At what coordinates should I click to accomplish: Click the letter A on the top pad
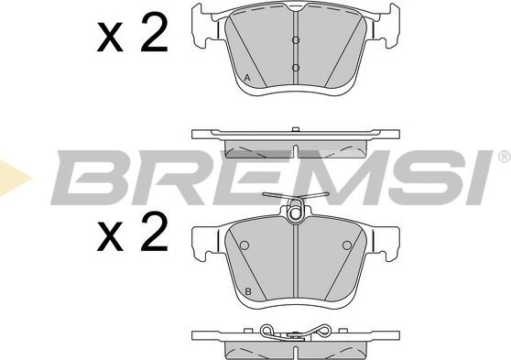coord(247,78)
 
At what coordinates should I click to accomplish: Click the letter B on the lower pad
coord(248,291)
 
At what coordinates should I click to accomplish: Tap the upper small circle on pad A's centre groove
coord(296,40)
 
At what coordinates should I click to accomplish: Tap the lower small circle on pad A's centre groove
coord(296,68)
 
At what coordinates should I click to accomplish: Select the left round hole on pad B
coord(245,245)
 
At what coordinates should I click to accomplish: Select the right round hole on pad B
coord(347,245)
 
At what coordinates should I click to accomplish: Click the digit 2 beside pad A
coord(154,32)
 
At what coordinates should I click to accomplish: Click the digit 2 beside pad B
coord(154,231)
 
